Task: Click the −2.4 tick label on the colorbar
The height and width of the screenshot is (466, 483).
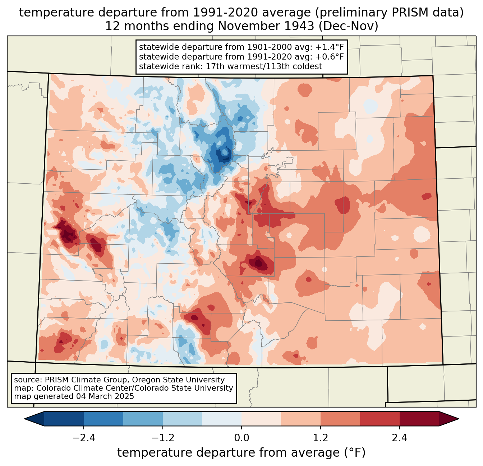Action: coord(84,438)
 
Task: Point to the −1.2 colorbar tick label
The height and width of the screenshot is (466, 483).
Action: coord(163,438)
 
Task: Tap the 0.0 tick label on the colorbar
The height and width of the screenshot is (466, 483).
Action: coord(241,438)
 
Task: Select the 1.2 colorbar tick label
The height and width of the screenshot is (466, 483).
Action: coord(321,438)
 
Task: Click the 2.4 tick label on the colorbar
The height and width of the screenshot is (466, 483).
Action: coord(400,438)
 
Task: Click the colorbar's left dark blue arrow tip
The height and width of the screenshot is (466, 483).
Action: coord(24,419)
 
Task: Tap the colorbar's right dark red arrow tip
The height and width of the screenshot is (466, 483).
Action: coord(459,419)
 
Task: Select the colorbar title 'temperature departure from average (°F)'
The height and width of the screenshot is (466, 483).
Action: coord(241,453)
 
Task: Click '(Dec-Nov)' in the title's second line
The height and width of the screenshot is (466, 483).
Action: coord(349,26)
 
